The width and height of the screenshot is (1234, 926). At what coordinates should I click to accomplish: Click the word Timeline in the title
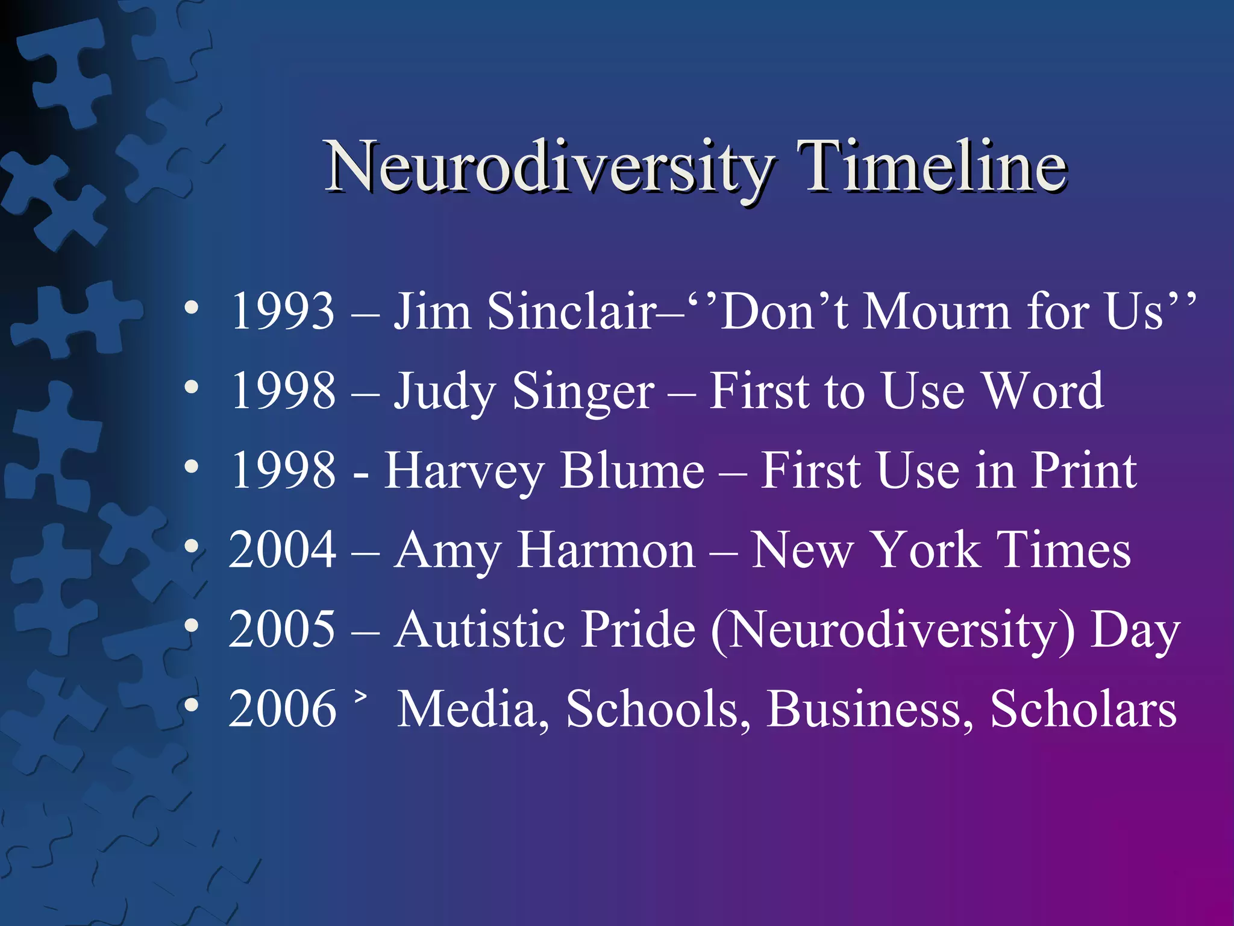pos(935,166)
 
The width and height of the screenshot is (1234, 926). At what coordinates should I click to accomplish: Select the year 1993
pos(282,312)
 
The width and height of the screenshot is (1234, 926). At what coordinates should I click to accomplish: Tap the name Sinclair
pos(571,312)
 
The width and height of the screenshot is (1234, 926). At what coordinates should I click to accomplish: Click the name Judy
pos(445,392)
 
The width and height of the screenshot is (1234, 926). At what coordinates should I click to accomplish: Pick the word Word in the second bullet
pos(1043,391)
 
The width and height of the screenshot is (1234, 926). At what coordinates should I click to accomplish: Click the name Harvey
pos(464,471)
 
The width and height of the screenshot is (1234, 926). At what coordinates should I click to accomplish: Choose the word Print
pos(1083,470)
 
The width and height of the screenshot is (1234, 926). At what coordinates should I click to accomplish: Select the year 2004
pos(282,550)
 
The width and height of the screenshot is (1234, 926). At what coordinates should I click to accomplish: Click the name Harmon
pos(606,550)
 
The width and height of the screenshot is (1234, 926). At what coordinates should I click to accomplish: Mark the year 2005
pos(282,629)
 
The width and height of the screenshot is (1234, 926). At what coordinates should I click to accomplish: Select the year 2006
pos(282,709)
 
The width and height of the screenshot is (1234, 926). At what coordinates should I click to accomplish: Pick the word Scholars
pos(1083,709)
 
